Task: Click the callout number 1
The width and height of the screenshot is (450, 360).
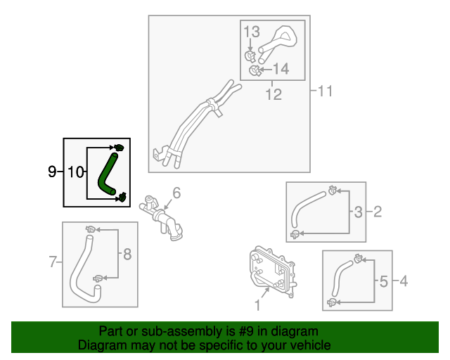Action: coord(257,305)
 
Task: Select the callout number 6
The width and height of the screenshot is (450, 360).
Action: coord(176,193)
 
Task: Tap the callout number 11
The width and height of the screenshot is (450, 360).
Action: coord(324,91)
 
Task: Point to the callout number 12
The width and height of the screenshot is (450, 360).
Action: coord(274,94)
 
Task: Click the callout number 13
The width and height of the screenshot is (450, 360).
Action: coord(252,32)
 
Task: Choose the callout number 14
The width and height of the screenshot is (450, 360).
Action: coord(281,69)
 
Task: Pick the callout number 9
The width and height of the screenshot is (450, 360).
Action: coord(51,172)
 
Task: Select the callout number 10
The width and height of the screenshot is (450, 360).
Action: coord(77,172)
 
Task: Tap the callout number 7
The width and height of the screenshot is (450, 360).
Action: coord(52,263)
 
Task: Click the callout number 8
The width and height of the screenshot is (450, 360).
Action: coord(127,255)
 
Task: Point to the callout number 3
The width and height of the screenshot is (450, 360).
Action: coord(358,212)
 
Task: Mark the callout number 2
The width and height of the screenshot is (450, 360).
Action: coord(377,212)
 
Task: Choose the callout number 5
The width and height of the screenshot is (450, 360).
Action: coord(383,282)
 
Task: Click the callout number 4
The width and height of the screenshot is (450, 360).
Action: coord(403,282)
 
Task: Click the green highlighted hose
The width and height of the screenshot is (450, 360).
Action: coord(108,172)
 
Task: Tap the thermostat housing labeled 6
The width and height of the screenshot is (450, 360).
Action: coord(163,217)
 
